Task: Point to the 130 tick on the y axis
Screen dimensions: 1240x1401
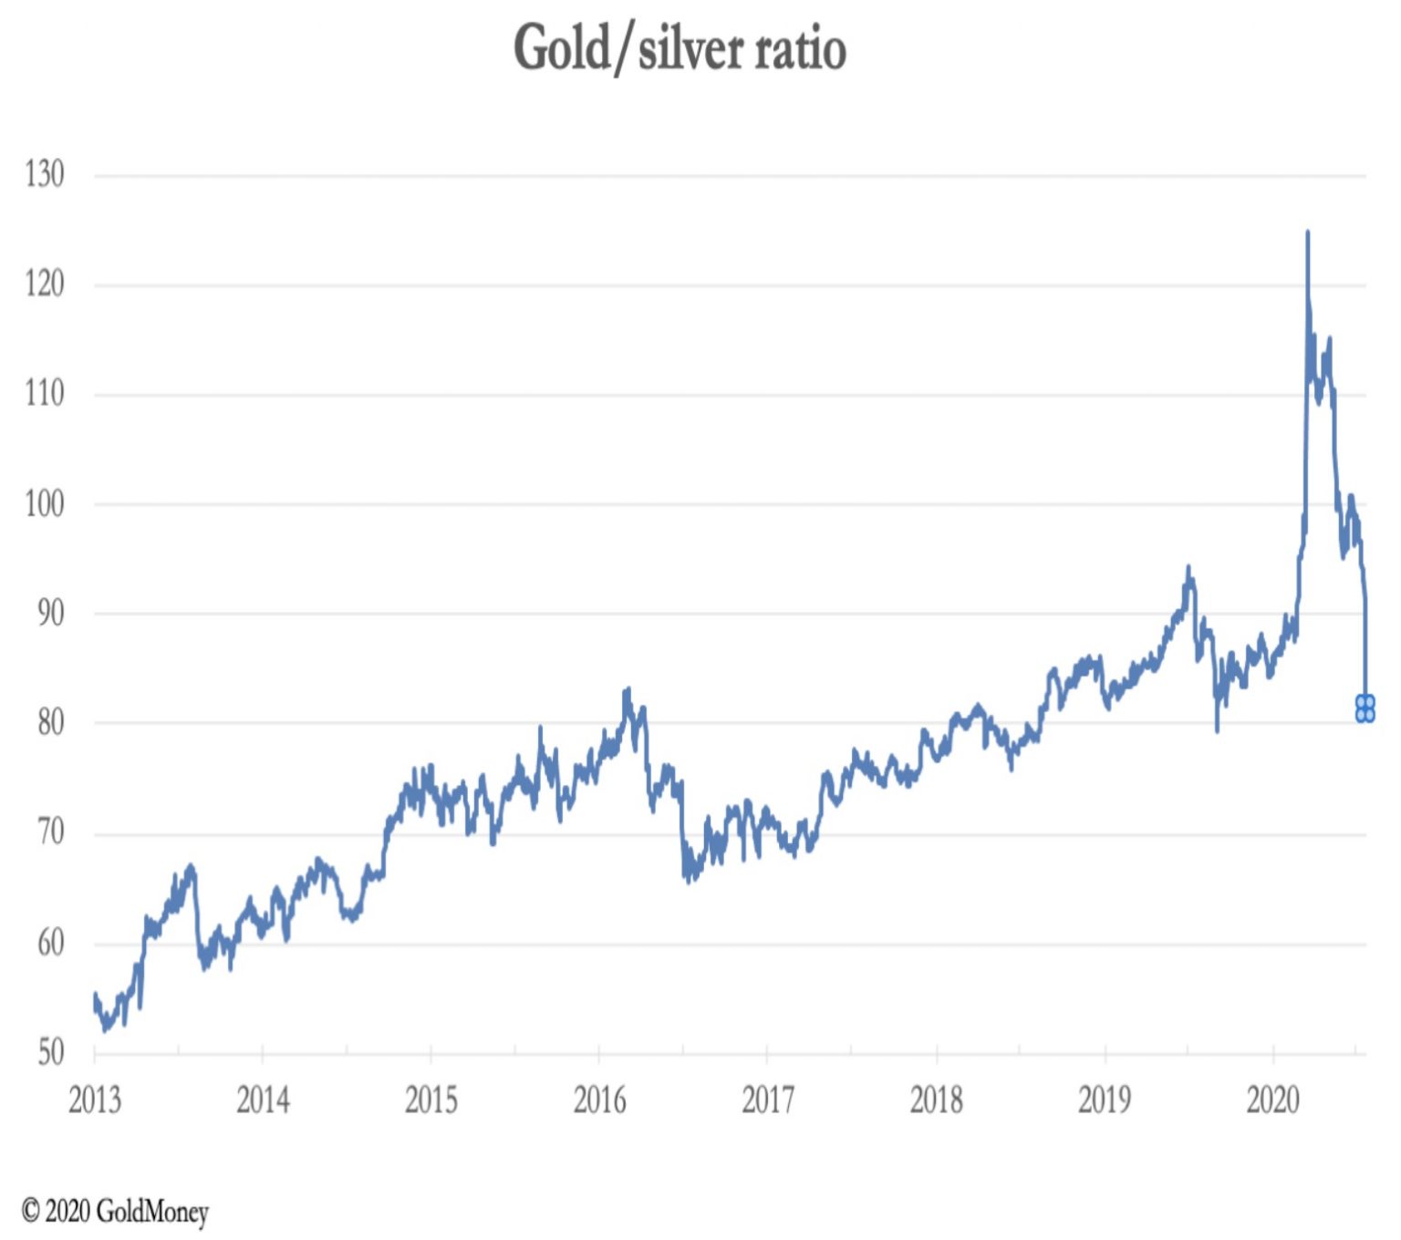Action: coord(45,174)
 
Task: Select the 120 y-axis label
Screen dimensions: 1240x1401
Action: coord(45,284)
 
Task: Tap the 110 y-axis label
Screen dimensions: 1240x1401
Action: coord(45,394)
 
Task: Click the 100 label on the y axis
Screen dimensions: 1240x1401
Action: coord(45,503)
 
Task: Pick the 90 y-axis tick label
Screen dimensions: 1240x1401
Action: coord(50,613)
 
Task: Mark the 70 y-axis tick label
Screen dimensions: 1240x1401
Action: coord(50,832)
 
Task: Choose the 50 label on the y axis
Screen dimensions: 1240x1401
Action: coord(50,1052)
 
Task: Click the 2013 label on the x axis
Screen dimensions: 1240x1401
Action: coord(95,1100)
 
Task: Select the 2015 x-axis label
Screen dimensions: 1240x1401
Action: coord(431,1100)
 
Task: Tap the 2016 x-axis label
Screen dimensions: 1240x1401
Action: coord(599,1100)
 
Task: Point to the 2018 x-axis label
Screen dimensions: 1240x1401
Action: coord(937,1100)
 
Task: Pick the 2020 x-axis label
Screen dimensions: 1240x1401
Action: coord(1273,1100)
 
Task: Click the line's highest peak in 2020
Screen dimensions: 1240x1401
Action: coord(1307,233)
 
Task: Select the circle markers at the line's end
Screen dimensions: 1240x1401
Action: coord(1365,708)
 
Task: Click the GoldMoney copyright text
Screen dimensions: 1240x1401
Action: coord(116,1212)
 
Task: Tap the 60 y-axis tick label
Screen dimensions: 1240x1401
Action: coord(50,943)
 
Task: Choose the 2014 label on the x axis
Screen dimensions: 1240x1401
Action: coord(263,1100)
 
